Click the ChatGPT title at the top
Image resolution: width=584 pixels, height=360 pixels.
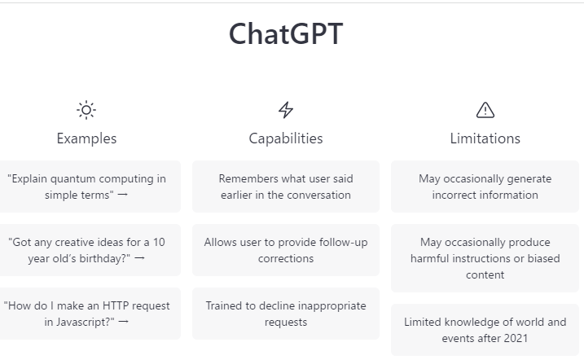click(286, 34)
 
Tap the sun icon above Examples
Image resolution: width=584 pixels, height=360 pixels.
click(86, 110)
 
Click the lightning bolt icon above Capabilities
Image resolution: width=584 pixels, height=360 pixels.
click(286, 110)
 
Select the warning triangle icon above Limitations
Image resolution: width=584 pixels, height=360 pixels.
click(485, 110)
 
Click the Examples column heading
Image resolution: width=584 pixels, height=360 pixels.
click(86, 138)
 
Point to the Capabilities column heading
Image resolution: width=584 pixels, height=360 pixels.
click(286, 138)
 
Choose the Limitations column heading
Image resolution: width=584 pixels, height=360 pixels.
click(485, 138)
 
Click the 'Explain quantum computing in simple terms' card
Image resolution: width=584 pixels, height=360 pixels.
click(90, 187)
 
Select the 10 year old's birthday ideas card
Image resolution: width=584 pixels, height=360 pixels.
click(90, 250)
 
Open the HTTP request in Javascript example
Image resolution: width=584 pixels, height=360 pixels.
click(90, 314)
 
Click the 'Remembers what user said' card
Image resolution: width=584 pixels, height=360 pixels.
click(286, 187)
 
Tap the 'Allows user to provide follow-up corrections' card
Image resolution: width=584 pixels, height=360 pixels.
click(286, 250)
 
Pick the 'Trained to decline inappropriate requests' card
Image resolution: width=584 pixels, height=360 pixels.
click(286, 314)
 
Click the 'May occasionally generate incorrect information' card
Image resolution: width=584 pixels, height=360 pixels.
click(485, 187)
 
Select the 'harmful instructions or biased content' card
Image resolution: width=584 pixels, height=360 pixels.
click(485, 258)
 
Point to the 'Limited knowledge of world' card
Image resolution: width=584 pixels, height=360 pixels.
click(485, 330)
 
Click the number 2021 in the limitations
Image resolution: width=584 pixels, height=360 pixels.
click(516, 338)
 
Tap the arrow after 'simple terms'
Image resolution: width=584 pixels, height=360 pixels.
click(122, 195)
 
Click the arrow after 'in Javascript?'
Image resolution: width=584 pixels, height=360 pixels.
click(123, 321)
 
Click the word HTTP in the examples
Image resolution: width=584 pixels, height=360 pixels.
click(116, 305)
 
